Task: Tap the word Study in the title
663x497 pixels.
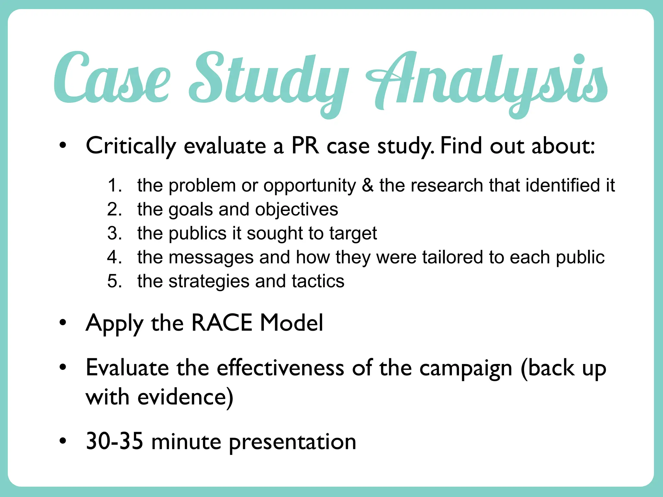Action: click(269, 81)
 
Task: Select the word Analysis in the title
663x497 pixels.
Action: click(486, 81)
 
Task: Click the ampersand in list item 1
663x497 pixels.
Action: click(367, 185)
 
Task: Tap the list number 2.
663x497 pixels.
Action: click(114, 209)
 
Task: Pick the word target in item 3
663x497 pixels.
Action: click(353, 234)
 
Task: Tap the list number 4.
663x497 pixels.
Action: click(114, 257)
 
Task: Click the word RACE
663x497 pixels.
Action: click(222, 323)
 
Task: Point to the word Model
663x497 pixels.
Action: click(291, 323)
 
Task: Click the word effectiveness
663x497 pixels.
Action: click(280, 368)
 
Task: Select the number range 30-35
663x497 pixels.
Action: click(114, 441)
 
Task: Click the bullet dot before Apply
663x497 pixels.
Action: click(63, 323)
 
